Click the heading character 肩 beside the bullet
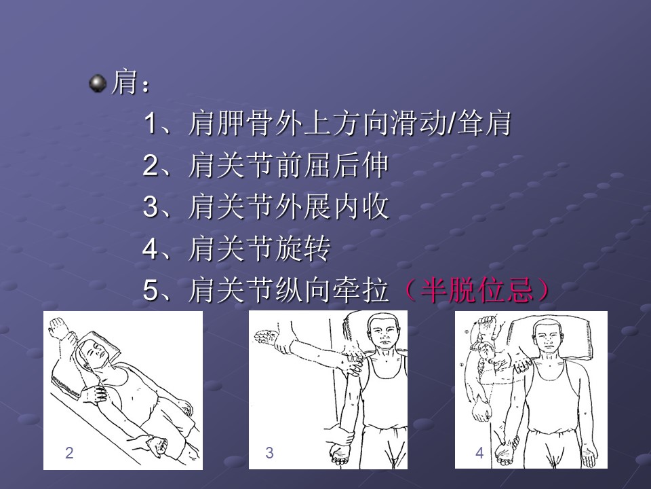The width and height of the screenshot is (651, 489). tap(124, 82)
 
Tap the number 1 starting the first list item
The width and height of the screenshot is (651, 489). tap(150, 124)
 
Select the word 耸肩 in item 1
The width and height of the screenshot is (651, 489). tap(484, 123)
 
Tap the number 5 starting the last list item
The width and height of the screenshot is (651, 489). tap(150, 290)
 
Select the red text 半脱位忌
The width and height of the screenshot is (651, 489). tap(477, 289)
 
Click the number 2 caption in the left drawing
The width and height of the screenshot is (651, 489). tap(69, 452)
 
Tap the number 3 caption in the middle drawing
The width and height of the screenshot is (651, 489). tap(269, 452)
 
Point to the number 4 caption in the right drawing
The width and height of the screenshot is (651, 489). tap(479, 452)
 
